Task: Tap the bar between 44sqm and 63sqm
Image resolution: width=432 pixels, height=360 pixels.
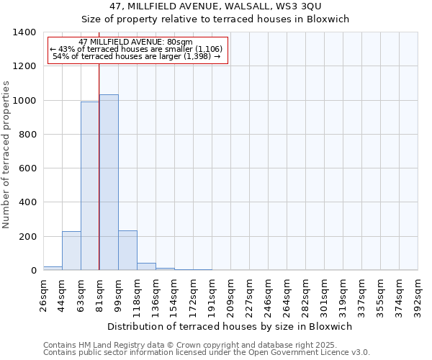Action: click(x=71, y=251)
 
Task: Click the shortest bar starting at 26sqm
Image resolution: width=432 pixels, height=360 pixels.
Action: click(x=53, y=268)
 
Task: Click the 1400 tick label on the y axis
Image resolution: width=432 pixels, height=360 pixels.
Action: click(x=24, y=32)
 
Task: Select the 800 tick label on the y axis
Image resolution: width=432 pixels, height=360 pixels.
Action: click(x=27, y=135)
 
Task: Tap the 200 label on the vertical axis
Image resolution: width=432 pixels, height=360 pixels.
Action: click(x=27, y=237)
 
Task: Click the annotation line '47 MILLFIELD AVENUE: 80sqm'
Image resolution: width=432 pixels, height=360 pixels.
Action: click(x=136, y=42)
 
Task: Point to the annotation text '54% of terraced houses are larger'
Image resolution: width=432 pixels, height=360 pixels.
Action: click(x=136, y=56)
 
